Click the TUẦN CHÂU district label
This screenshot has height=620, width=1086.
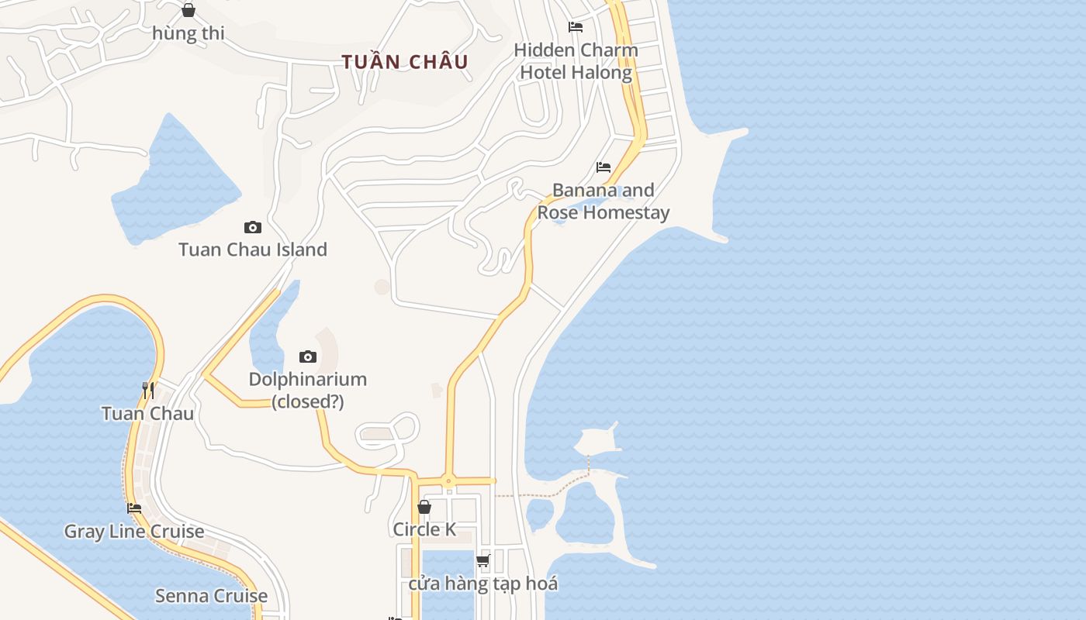tap(405, 62)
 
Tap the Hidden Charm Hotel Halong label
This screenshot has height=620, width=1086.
tap(576, 61)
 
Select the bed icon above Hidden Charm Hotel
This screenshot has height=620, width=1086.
tap(576, 27)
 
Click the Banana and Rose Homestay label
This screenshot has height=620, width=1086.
tap(603, 201)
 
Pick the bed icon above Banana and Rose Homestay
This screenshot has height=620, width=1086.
tap(603, 167)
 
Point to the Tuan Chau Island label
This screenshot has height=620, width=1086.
tap(253, 250)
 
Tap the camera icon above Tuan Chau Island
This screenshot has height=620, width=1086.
tap(253, 227)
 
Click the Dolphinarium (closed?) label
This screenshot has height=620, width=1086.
tap(308, 391)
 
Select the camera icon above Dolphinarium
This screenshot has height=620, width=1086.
tap(308, 356)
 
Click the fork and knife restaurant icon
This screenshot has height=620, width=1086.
tap(148, 390)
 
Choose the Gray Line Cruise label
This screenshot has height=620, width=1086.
tap(134, 532)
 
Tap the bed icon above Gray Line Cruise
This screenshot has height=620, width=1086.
tap(134, 508)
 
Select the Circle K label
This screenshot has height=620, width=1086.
tap(424, 529)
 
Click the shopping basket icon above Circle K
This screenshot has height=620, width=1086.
tap(424, 507)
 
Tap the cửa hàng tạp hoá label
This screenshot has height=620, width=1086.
tap(483, 584)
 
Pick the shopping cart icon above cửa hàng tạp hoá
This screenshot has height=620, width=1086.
tap(483, 560)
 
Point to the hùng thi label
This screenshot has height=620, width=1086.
tap(188, 33)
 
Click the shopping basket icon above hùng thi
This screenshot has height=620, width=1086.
tap(188, 10)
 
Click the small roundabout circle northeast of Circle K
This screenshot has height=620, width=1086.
tap(448, 481)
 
